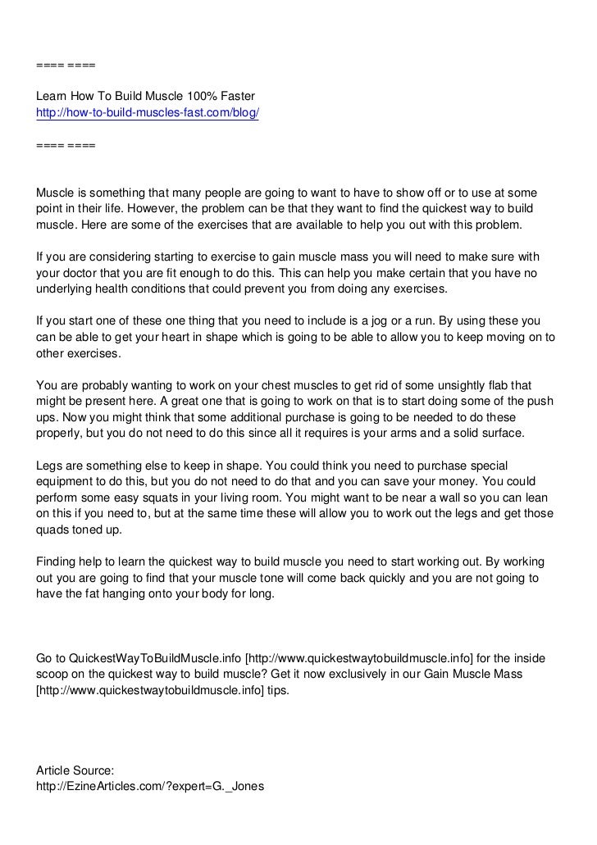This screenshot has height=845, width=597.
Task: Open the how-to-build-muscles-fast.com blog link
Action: click(x=148, y=112)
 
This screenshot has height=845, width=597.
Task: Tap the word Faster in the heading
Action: click(x=239, y=96)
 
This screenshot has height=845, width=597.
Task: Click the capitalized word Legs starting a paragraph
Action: click(x=52, y=466)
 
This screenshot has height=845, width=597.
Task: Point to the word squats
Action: click(x=153, y=497)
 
